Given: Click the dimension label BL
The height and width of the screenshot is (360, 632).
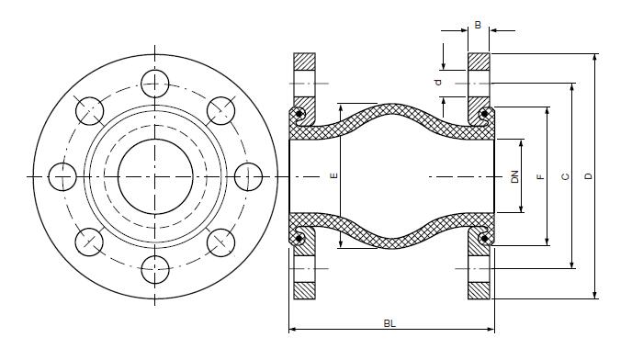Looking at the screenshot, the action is pos(389,323).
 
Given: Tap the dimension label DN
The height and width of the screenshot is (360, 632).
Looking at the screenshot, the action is pos(514,176).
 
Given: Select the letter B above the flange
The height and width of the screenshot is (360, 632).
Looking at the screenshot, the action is pos(478,25).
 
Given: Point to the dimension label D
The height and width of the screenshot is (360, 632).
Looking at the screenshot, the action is pos(589,176).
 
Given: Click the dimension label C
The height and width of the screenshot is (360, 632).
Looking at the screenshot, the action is pos(566,176).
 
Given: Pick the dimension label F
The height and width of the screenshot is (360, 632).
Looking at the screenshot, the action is pos(541,176).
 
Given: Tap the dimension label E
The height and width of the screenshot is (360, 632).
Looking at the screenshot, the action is pos(333,175).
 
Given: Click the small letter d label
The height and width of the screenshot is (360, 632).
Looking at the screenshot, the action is pos(438,83).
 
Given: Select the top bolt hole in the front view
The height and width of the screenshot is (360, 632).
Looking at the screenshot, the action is pos(155,84).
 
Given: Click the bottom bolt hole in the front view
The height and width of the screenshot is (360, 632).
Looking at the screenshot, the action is pos(155,269).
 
